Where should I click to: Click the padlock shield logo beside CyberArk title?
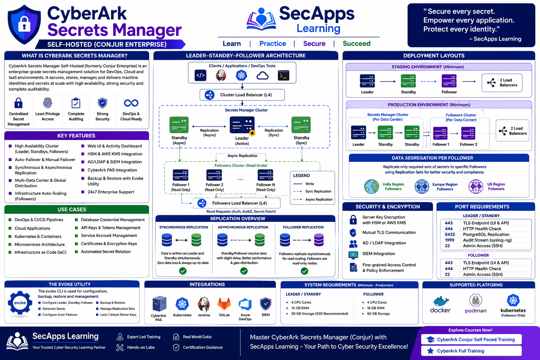[x=24, y=25]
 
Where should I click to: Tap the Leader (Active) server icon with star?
[x=242, y=126]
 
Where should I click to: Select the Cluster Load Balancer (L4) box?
[x=242, y=95]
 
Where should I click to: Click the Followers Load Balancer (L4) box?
[x=237, y=203]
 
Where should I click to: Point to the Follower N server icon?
[x=265, y=175]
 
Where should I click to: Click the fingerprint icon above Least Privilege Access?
[x=47, y=103]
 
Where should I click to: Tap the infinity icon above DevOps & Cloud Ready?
[x=131, y=103]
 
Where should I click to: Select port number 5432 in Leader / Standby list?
[x=450, y=234]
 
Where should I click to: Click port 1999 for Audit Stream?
[x=450, y=240]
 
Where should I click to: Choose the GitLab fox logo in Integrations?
[x=224, y=304]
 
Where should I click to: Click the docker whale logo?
[x=441, y=301]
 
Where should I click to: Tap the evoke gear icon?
[x=20, y=303]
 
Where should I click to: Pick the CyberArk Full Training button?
[x=471, y=351]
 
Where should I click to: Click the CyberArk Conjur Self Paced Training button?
[x=471, y=340]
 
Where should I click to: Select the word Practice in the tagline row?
[x=273, y=44]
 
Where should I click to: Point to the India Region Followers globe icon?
[x=372, y=186]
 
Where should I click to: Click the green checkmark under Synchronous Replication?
[x=183, y=271]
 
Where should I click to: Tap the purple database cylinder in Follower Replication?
[x=319, y=240]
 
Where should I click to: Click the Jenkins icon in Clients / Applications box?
[x=221, y=76]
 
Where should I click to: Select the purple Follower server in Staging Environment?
[x=449, y=81]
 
